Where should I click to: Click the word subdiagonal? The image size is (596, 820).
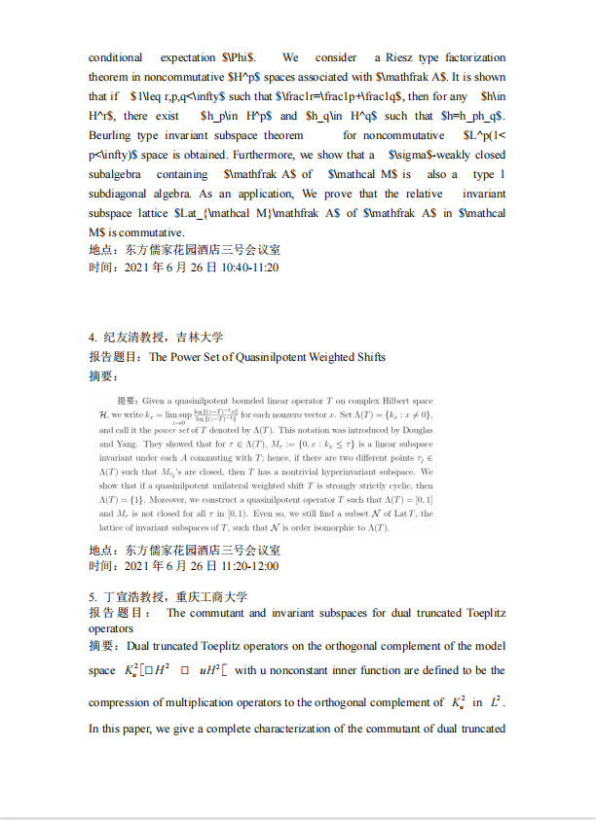[124, 194]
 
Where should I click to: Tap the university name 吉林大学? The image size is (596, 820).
[200, 338]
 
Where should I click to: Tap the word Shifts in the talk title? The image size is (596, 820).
[365, 357]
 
